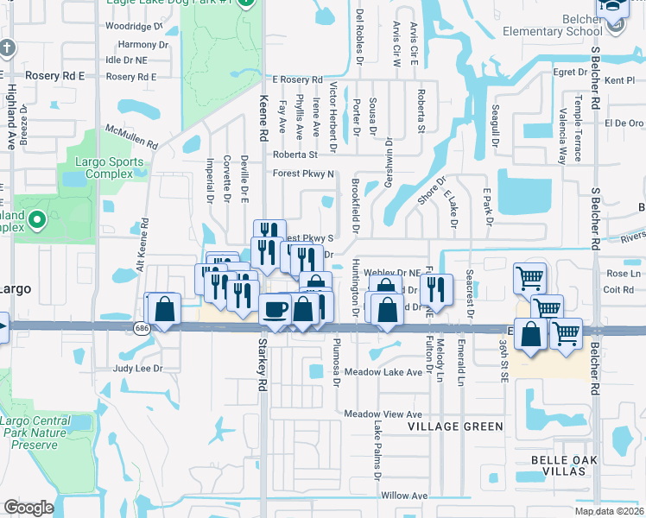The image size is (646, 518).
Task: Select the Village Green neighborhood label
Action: (456, 426)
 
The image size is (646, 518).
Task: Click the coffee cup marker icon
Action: (276, 308)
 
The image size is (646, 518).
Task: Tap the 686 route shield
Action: (140, 328)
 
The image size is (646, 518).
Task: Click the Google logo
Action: (28, 508)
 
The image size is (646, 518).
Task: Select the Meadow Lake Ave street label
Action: (383, 372)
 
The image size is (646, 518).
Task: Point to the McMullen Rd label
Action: (130, 136)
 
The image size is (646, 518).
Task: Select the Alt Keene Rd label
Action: (146, 244)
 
